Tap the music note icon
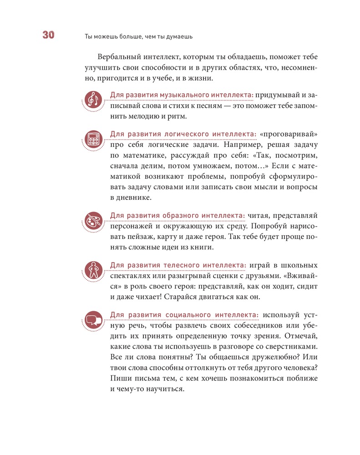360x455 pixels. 94,100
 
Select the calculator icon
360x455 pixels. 94,139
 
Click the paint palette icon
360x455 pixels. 94,220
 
